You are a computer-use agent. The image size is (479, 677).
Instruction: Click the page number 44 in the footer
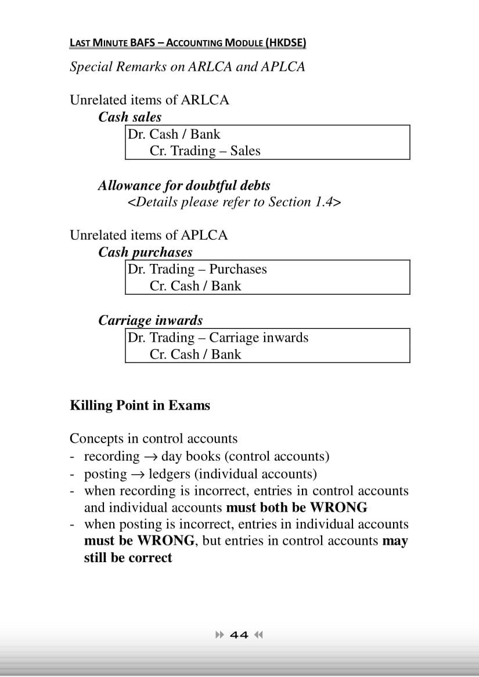(239, 635)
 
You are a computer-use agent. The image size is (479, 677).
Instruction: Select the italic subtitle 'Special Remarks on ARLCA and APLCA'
(187, 66)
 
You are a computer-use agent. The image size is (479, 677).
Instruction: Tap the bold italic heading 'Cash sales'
(129, 117)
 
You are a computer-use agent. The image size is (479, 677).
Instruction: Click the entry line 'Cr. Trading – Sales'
(205, 151)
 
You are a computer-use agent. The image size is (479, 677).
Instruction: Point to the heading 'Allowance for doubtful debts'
(184, 186)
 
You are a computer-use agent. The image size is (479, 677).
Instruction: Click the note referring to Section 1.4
(234, 202)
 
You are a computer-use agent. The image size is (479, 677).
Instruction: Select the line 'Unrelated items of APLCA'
(149, 235)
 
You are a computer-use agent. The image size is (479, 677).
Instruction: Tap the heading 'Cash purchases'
(145, 252)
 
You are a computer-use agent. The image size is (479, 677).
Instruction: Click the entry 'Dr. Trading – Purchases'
(197, 269)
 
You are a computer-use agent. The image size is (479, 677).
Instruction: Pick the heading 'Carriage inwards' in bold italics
(150, 320)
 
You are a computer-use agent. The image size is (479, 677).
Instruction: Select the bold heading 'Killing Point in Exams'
(140, 405)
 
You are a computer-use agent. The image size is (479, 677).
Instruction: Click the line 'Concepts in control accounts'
(153, 439)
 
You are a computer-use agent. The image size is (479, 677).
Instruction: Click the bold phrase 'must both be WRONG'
(296, 508)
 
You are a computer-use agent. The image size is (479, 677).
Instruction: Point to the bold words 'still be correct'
(128, 558)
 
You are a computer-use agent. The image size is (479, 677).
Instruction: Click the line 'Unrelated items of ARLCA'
(149, 100)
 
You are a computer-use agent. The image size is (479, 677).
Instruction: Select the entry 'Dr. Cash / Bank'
(174, 134)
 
